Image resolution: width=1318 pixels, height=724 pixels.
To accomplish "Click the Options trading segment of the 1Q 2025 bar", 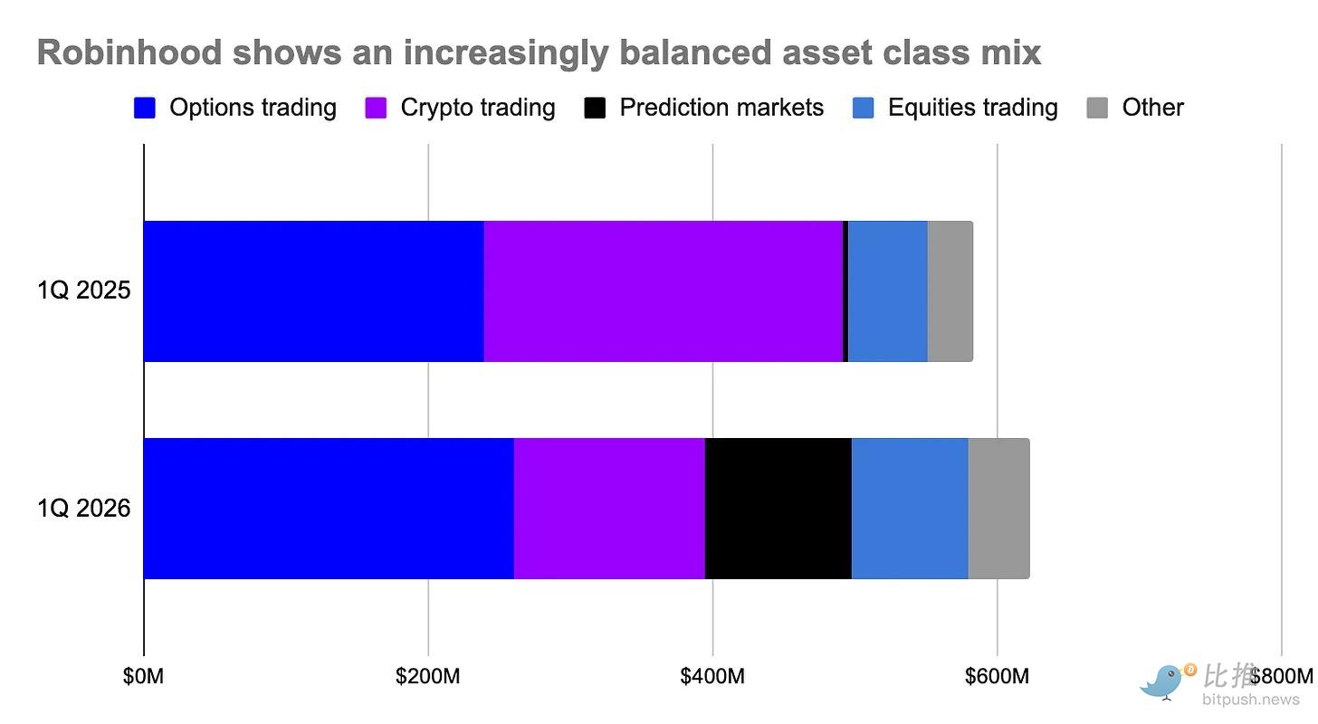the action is coord(314,291).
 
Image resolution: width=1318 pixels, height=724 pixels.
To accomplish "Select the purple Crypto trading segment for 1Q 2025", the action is coord(664,291).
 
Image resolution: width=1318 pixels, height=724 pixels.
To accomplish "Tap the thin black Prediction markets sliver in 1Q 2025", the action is coord(845,291).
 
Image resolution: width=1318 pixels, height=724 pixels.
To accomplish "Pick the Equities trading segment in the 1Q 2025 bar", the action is coord(888,291).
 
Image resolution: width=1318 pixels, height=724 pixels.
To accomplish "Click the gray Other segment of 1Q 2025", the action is coord(950,291).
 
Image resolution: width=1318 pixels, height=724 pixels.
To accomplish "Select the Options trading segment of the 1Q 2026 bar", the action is coord(329,508).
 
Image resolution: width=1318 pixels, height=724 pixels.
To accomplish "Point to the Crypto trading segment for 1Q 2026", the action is coord(609,508).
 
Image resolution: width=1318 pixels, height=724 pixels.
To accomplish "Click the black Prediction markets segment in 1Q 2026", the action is coord(778,508).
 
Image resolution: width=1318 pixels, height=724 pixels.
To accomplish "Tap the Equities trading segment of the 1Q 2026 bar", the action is coord(911,508).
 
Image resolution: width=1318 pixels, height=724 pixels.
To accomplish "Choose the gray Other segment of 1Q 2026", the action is coord(999,508).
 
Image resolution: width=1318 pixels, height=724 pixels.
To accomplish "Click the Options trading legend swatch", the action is coord(145,108).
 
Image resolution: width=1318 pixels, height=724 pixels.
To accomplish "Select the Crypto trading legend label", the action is coord(478,108).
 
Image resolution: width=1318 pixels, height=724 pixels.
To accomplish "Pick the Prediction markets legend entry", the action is coord(703,108).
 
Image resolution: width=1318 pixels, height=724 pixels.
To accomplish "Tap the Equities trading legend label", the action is coord(972,108).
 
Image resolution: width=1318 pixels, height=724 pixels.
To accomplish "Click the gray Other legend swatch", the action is coord(1097,108).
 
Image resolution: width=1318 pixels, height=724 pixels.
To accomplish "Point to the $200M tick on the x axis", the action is coord(428,676).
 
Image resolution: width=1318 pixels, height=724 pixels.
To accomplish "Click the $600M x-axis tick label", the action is coord(997,676).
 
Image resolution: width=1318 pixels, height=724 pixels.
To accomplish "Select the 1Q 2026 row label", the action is coord(83,508).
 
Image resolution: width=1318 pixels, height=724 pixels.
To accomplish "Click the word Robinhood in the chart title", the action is coord(129,52).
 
